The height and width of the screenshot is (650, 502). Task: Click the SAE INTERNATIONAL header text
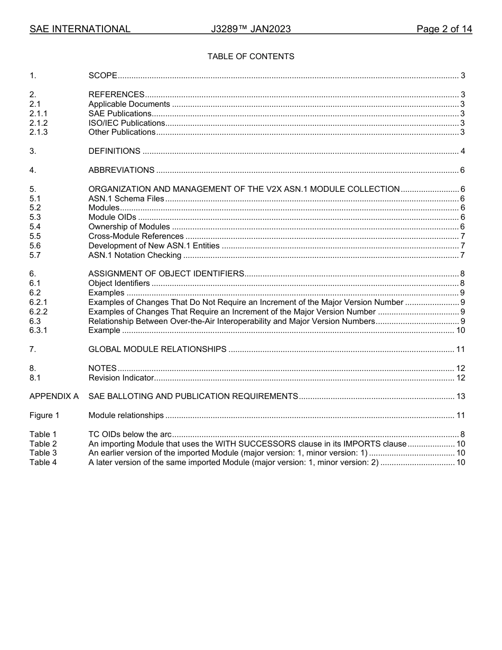coord(80,29)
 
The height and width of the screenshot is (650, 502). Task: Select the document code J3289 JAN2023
coord(250,29)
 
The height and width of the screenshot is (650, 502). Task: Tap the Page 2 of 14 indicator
coord(444,29)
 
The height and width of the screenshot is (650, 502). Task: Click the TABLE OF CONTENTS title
coord(250,57)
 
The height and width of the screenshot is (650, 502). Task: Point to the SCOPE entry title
coord(103,76)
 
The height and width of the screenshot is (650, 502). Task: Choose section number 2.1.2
coord(39,123)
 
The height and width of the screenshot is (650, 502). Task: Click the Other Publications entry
coord(122,132)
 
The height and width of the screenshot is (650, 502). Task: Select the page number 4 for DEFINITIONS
coord(462,152)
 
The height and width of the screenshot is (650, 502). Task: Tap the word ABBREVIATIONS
coord(121,170)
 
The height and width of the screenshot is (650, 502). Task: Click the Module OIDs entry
coord(112,217)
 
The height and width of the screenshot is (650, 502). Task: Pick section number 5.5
coord(35,236)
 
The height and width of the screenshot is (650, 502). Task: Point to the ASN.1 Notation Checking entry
coord(135,255)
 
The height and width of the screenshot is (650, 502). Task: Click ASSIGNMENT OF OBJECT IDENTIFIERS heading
coord(166,274)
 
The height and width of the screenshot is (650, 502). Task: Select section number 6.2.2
coord(39,312)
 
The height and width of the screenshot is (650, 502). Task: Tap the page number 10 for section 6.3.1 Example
coord(460,331)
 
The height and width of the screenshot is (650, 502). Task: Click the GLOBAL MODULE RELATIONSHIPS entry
coord(157,349)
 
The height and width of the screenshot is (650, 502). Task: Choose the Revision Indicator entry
coord(120,378)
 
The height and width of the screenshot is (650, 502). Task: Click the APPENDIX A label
coord(54,396)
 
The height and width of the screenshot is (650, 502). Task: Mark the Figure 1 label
coord(44,416)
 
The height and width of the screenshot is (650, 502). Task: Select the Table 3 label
coord(43,453)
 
